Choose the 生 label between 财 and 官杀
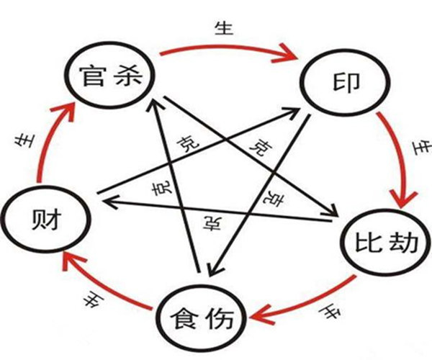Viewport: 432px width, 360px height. coord(22,141)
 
